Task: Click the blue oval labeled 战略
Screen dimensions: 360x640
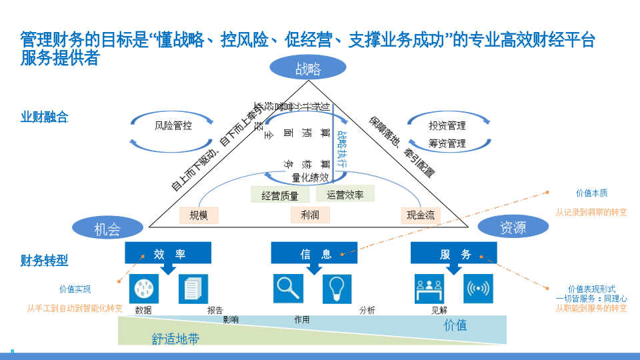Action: tap(308, 68)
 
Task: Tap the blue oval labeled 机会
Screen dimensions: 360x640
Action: tap(107, 229)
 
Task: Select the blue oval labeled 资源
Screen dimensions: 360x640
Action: tap(513, 227)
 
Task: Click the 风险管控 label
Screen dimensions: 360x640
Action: tap(173, 125)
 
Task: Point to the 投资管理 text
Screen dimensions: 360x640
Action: tap(447, 125)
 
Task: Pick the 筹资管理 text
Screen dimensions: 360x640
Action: tap(447, 143)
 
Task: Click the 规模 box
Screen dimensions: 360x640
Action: tap(199, 215)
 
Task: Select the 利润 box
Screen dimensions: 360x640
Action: tap(310, 215)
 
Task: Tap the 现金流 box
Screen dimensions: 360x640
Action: tap(421, 215)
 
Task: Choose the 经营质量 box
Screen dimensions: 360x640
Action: tap(280, 195)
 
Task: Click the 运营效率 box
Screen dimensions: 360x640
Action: tap(345, 195)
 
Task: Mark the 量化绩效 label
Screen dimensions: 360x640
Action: tap(310, 177)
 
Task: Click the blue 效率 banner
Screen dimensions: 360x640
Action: tap(168, 253)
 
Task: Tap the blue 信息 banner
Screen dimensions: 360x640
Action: tap(314, 253)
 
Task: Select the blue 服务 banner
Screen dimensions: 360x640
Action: tap(454, 253)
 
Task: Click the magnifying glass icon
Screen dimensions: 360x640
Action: tap(288, 288)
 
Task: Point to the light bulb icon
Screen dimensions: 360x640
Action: tap(337, 289)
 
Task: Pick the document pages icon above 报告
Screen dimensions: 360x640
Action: tap(193, 289)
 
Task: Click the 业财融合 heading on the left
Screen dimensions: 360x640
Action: tap(45, 117)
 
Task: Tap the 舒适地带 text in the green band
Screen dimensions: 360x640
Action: tap(175, 339)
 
